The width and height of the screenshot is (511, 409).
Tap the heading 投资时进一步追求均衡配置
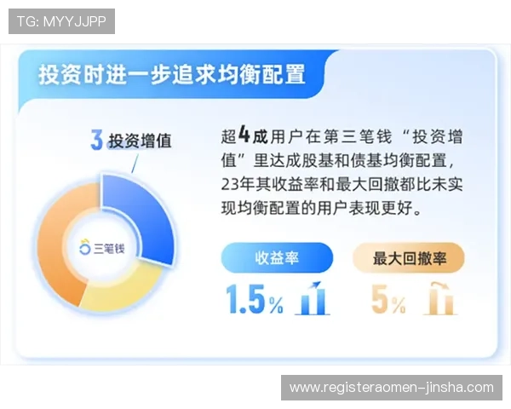[x=171, y=74]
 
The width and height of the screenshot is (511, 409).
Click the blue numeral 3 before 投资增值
[x=97, y=141]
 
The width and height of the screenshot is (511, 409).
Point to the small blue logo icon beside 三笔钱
[x=84, y=248]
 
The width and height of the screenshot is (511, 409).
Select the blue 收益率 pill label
[x=277, y=257]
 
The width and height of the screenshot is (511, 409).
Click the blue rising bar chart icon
[x=313, y=297]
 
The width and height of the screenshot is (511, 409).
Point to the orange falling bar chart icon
[x=439, y=297]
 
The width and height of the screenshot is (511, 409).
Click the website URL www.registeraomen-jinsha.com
[x=391, y=388]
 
